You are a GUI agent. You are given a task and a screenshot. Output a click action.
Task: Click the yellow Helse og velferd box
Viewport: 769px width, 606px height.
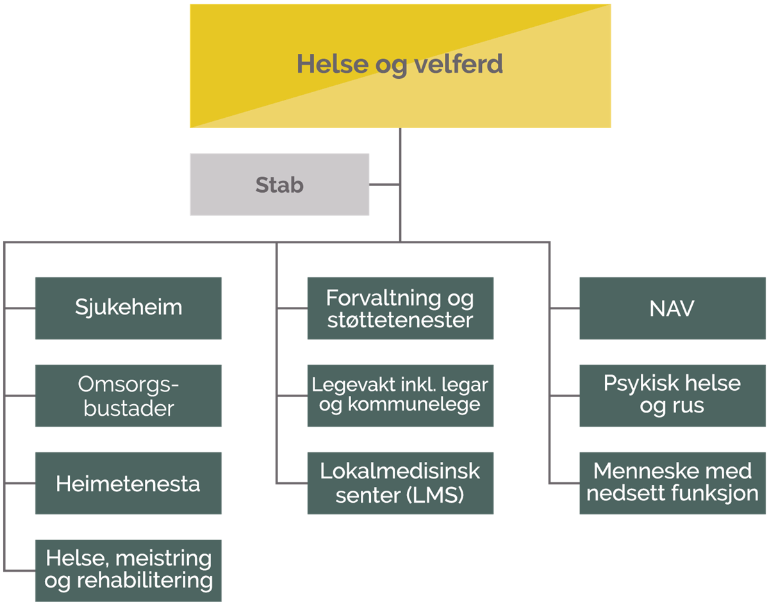click(x=401, y=66)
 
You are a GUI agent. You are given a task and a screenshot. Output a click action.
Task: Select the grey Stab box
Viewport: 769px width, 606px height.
click(x=279, y=184)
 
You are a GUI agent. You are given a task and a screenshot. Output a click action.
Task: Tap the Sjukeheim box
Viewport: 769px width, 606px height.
click(x=128, y=308)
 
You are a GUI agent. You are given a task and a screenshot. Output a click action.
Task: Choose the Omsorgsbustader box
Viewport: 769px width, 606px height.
click(x=128, y=395)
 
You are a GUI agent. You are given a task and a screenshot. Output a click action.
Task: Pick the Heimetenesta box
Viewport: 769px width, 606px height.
click(x=128, y=483)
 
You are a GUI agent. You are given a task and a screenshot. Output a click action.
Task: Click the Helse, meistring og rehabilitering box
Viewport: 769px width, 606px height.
click(x=128, y=571)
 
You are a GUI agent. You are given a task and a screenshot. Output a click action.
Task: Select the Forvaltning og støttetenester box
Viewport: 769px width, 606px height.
click(x=401, y=308)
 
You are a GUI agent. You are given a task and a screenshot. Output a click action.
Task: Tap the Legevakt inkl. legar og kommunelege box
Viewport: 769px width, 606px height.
click(x=401, y=395)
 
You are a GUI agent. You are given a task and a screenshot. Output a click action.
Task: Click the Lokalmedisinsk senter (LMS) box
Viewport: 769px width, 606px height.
click(x=401, y=483)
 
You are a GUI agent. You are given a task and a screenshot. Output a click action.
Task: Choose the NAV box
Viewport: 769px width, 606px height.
click(x=672, y=308)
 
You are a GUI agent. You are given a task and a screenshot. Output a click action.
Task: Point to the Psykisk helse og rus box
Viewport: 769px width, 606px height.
click(x=672, y=395)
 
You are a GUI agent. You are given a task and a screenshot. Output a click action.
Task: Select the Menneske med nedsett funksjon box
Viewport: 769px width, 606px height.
click(x=672, y=483)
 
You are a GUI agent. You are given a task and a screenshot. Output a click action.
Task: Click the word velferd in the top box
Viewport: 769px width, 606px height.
click(x=458, y=63)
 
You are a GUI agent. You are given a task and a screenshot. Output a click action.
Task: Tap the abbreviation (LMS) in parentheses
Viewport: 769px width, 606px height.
click(x=435, y=495)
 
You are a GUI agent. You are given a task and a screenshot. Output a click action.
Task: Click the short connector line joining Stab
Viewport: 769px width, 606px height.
click(x=384, y=184)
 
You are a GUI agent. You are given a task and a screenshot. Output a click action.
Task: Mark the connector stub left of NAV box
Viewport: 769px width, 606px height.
click(x=565, y=307)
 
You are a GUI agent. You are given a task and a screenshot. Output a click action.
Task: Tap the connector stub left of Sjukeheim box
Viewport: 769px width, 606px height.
click(x=20, y=307)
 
